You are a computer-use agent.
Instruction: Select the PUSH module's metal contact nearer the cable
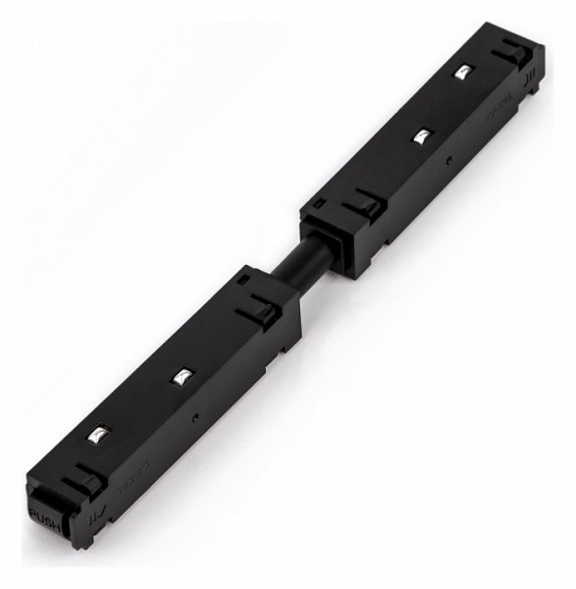183,376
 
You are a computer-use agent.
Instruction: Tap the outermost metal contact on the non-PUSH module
460,72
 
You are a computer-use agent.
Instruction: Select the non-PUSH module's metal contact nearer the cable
419,137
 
